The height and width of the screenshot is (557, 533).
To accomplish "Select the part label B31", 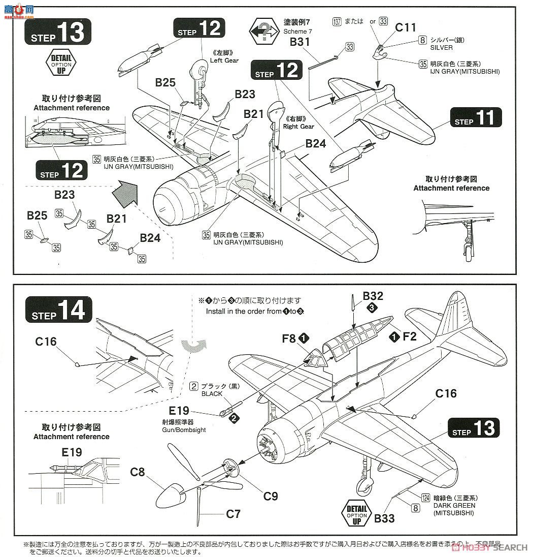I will pos(300,42).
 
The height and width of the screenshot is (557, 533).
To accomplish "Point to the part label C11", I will pos(406,28).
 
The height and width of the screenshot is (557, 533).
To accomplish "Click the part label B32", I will pos(373,296).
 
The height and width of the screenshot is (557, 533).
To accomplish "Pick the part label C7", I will pos(233,514).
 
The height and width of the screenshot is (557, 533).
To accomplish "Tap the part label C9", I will pos(271,496).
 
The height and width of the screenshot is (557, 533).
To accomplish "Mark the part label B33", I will pos(384,518).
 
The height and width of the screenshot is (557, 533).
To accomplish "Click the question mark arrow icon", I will pos(264,32).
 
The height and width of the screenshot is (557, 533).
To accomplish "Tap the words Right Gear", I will pos(298,126).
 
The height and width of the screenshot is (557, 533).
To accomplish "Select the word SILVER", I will pos(441,47).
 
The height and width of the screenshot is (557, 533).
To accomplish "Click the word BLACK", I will pos(212,394).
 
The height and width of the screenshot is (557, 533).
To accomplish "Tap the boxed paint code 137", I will pos(337,21).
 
